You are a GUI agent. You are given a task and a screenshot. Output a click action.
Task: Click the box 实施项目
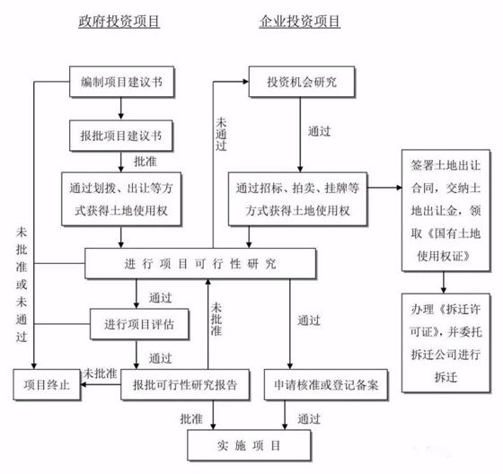(245, 444)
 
